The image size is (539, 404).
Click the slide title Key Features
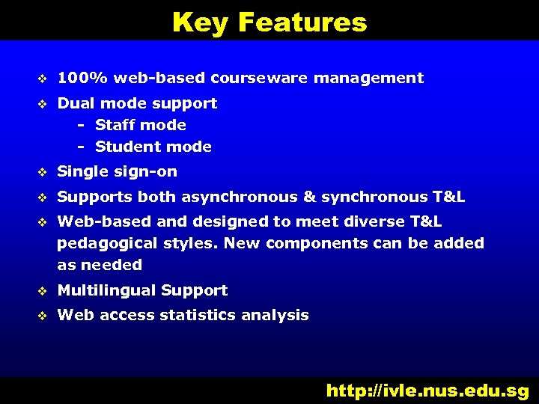pos(269,22)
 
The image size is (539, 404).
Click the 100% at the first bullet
pos(82,78)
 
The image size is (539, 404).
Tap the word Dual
pos(76,103)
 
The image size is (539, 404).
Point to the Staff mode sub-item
pos(141,125)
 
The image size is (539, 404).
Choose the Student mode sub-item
pos(153,147)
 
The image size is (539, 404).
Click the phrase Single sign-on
pos(118,172)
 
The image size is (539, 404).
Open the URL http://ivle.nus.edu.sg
pos(427,390)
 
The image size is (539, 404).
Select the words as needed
pos(100,265)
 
